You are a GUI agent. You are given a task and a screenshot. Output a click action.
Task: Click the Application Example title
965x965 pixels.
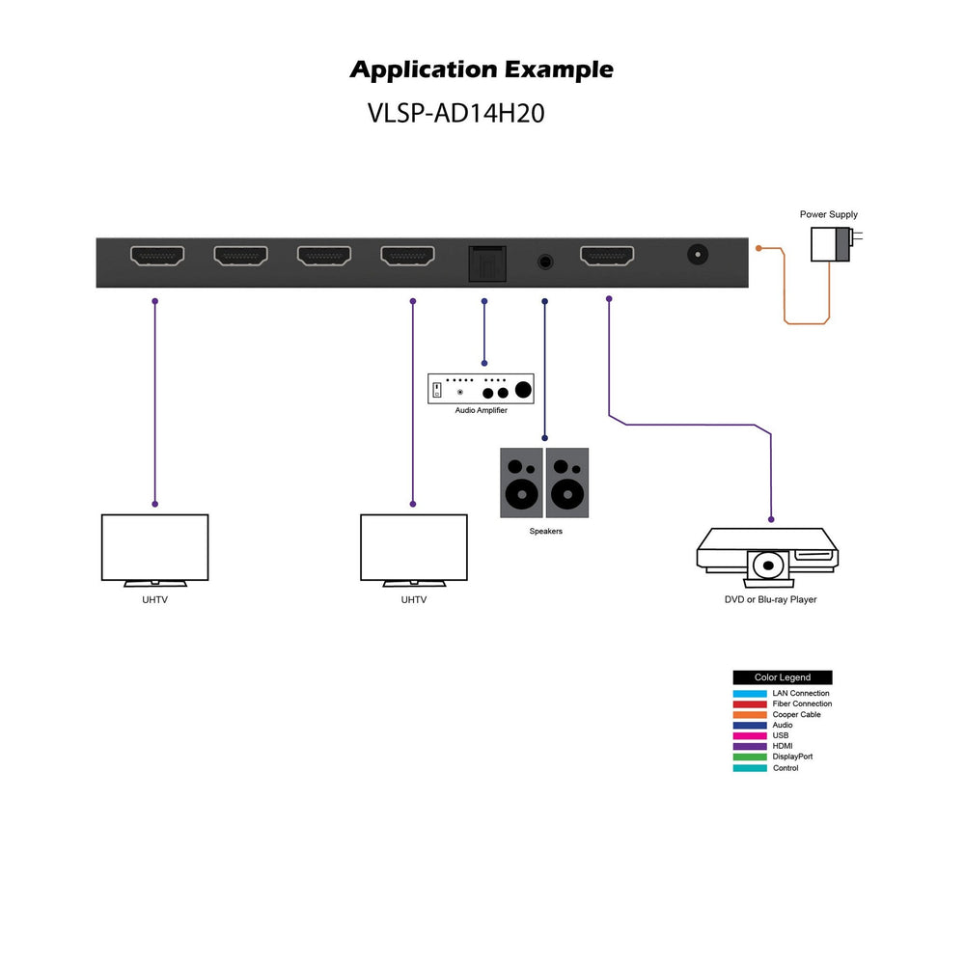(481, 70)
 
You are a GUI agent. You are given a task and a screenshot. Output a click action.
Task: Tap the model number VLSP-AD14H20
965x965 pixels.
(456, 113)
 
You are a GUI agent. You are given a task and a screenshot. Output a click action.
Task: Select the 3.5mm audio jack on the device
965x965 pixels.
(545, 261)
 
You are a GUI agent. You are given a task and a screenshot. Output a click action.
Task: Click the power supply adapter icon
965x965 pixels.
(831, 245)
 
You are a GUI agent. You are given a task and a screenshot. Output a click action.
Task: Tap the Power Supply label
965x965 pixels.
(828, 215)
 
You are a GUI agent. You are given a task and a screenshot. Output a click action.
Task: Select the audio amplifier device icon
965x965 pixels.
(481, 388)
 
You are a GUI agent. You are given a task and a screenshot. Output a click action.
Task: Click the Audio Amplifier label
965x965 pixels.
(481, 411)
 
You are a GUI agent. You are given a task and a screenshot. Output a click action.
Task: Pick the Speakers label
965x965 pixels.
(545, 532)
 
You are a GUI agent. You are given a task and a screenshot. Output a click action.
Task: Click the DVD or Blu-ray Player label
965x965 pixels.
(770, 600)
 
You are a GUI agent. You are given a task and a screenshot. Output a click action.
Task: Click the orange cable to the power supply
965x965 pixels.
(785, 289)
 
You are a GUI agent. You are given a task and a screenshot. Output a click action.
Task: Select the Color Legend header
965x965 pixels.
(782, 677)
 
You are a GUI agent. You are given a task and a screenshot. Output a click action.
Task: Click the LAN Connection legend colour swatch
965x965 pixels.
(750, 694)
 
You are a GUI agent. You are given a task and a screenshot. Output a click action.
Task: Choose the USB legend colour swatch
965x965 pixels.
(750, 736)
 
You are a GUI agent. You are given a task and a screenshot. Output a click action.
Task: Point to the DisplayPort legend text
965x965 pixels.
(792, 758)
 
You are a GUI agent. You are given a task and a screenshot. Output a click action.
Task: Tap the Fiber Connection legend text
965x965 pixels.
(802, 704)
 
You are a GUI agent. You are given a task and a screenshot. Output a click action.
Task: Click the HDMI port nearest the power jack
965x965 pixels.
(607, 256)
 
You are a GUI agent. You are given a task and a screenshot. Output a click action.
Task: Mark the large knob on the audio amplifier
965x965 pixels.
(523, 390)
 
